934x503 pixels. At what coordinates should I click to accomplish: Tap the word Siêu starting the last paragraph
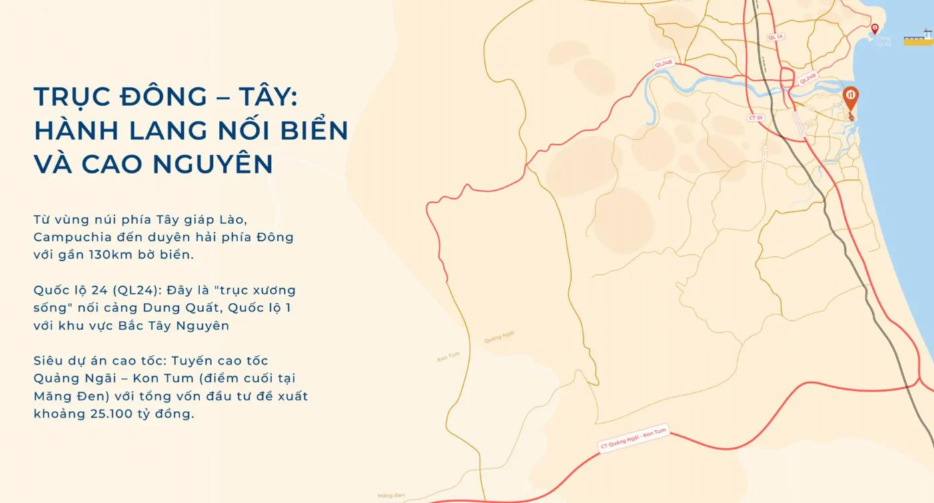pos(48,361)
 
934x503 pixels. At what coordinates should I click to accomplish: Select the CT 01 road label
pos(755,117)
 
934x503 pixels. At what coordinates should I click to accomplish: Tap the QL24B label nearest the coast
pos(807,79)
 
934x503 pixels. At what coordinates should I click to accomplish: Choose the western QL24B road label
pos(664,64)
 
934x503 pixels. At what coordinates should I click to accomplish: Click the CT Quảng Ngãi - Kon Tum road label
pos(633,440)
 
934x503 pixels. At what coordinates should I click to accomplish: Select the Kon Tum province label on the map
pos(448,358)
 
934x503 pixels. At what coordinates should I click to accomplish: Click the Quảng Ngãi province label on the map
pos(499,338)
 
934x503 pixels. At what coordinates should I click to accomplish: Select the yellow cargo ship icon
pos(919,39)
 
